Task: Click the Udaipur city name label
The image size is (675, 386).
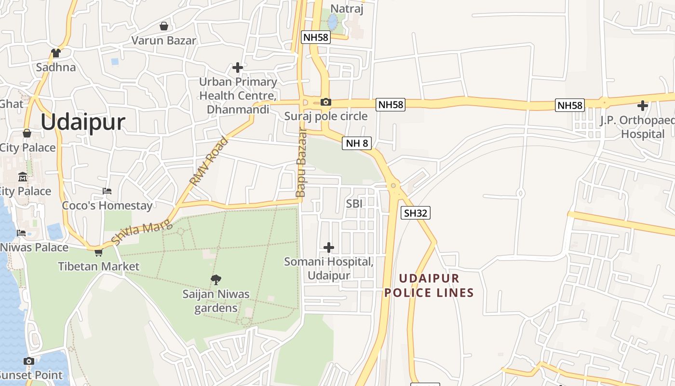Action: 83,123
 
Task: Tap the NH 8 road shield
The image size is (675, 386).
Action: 357,143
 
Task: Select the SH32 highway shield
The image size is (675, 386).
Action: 415,213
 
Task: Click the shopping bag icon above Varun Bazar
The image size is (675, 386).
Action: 164,26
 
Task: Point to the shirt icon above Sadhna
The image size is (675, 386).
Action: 56,53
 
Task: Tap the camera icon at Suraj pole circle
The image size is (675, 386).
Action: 326,102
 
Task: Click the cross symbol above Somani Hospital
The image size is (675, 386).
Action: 329,248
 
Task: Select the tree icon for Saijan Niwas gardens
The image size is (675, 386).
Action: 216,279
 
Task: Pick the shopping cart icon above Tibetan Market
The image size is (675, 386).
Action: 99,252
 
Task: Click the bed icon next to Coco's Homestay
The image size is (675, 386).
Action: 107,192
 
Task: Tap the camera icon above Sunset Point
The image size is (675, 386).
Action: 29,361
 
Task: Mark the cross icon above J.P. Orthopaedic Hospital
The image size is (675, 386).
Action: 643,105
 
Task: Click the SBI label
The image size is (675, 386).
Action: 354,204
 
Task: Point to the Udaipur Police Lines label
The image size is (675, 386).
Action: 429,286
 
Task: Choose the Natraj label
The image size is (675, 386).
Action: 347,9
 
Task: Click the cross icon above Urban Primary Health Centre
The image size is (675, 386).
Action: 238,67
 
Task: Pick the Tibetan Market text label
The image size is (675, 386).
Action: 99,266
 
